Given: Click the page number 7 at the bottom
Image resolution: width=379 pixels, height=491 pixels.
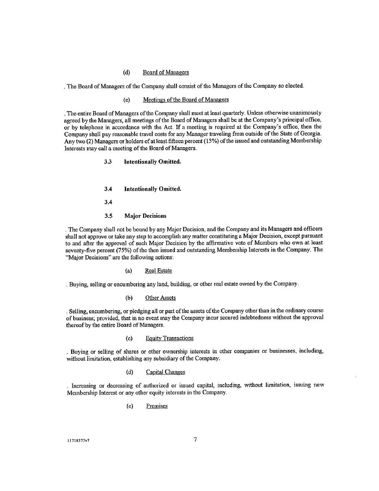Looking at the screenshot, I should click(195, 439).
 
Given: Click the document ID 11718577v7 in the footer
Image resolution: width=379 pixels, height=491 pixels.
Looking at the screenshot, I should click(78, 441).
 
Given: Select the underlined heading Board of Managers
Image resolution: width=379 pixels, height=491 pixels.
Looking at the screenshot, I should click(166, 72).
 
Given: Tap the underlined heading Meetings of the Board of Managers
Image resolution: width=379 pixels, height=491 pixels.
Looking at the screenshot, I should click(185, 100).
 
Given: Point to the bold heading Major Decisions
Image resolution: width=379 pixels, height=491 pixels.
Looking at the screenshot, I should click(145, 216).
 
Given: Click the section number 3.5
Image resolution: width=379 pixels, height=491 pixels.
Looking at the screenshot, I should click(108, 216).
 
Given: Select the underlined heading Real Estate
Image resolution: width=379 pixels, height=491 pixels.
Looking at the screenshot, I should click(158, 271).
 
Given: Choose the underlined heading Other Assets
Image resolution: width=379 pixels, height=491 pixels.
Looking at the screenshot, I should click(160, 298).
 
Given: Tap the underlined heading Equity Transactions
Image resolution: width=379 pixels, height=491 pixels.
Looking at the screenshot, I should click(170, 338).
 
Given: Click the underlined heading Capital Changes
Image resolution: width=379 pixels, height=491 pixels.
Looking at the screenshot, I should click(165, 372).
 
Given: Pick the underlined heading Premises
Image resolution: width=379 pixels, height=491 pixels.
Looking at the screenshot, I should click(157, 406).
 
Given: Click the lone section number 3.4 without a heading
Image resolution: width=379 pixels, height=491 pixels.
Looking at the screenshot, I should click(108, 202).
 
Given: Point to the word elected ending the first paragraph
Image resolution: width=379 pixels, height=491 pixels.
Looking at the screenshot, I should click(294, 86).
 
